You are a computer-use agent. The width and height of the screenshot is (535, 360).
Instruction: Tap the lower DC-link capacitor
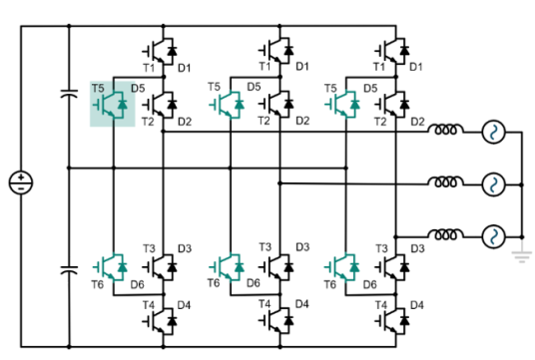68,269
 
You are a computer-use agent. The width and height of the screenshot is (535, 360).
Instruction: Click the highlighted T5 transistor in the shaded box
113,104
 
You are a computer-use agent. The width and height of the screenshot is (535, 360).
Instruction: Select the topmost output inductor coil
446,131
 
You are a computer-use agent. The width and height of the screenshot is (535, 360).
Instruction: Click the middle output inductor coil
446,183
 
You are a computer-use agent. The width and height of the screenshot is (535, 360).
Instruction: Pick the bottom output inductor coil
446,236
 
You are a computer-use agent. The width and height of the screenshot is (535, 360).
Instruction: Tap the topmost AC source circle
492,132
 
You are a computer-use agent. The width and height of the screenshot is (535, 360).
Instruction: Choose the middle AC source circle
492,184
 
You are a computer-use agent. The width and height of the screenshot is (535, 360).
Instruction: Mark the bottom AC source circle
492,237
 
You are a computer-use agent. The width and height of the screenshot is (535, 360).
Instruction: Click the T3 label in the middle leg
265,247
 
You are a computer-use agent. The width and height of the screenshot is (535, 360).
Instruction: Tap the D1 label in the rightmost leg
416,66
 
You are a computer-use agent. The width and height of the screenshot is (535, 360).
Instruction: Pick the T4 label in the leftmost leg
149,303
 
